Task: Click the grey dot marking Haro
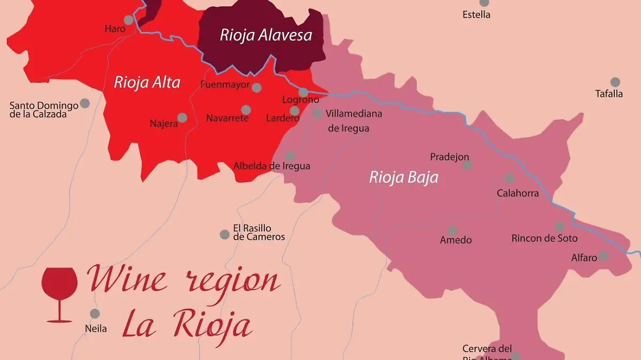128,20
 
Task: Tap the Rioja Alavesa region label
265,35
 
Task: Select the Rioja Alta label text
147,83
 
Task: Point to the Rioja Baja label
403,177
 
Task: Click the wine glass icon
59,294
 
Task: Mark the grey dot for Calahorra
509,178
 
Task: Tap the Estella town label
476,14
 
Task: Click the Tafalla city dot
615,82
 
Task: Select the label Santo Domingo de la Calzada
44,109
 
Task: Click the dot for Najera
182,118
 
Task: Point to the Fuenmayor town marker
256,88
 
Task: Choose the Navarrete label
227,118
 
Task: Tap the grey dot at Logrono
303,92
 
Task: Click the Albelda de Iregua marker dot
290,156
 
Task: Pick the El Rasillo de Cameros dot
225,234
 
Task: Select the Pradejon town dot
467,165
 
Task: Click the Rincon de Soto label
544,238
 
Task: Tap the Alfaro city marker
603,256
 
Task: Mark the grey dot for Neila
95,314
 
